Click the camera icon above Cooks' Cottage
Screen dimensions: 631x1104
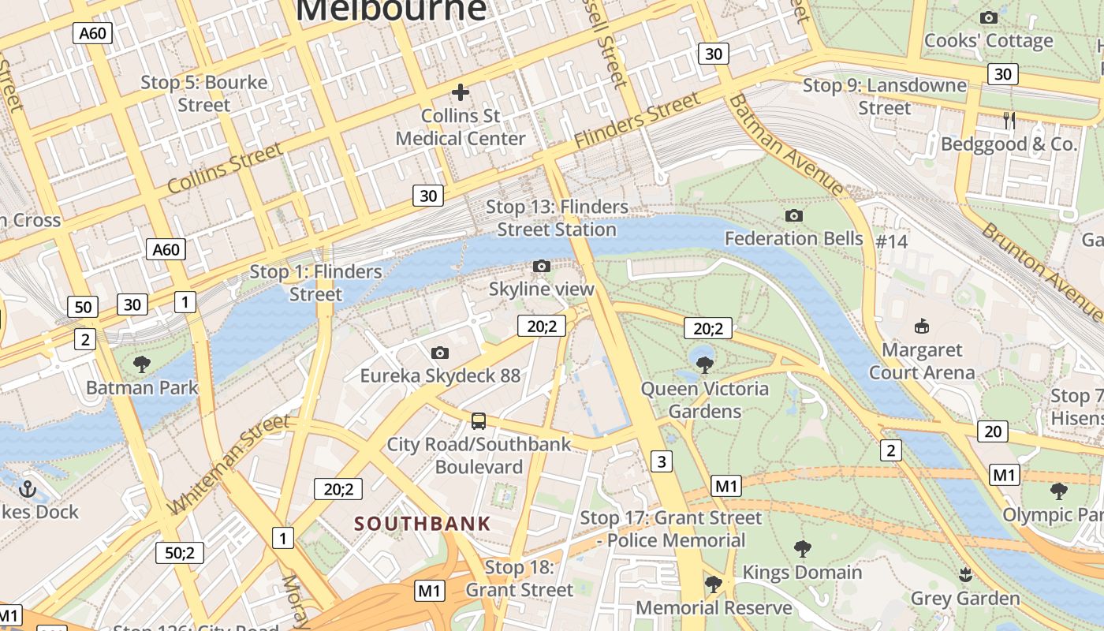[x=988, y=17]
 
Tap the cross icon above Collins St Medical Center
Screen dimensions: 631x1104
[x=460, y=92]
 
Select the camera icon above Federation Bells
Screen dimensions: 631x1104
[x=794, y=215]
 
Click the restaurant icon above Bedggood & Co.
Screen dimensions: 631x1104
[x=1009, y=120]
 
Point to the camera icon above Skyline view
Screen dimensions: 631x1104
[x=541, y=267]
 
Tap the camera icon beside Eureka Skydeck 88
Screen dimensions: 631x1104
[x=440, y=353]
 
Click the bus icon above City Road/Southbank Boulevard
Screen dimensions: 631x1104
[x=479, y=420]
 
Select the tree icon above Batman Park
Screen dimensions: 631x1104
[x=142, y=364]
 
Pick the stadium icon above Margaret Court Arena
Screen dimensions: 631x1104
[x=921, y=326]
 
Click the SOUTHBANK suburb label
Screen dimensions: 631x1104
[x=423, y=523]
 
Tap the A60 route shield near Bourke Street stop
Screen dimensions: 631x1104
[x=92, y=33]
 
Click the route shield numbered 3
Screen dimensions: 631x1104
[x=662, y=461]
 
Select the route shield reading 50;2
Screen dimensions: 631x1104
[x=180, y=553]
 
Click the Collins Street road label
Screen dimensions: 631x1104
[x=225, y=168]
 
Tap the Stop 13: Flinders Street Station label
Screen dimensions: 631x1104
[x=557, y=218]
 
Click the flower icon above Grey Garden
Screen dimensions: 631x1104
[x=964, y=574]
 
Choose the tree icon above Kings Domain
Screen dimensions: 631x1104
[x=802, y=548]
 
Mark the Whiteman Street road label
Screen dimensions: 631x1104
[x=229, y=465]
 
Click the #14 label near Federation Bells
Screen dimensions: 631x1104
[x=892, y=241]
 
